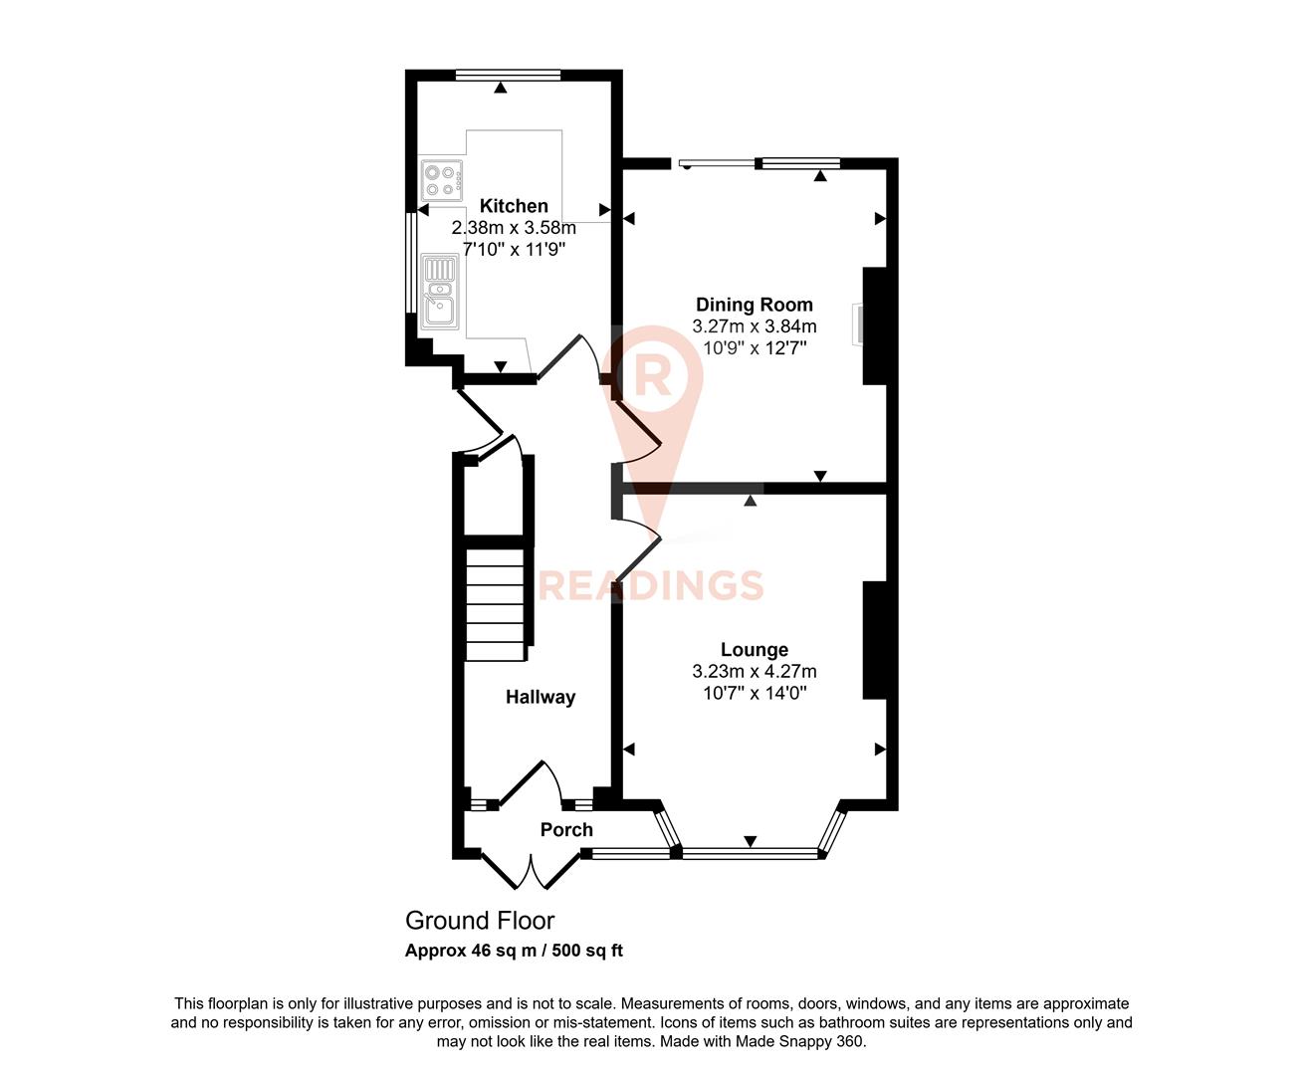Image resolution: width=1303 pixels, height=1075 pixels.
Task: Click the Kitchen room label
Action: click(514, 206)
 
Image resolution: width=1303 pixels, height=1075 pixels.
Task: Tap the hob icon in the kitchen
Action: click(441, 180)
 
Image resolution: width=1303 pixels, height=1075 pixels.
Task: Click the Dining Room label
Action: click(754, 305)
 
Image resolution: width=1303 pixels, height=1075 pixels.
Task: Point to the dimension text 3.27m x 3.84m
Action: click(754, 326)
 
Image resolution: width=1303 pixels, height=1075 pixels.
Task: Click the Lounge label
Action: click(754, 650)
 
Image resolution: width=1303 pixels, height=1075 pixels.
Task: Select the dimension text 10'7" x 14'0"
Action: click(754, 693)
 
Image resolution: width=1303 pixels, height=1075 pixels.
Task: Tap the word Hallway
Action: click(540, 697)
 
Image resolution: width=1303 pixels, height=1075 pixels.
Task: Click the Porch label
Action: click(566, 829)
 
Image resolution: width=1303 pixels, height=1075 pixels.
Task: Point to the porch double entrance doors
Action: click(530, 870)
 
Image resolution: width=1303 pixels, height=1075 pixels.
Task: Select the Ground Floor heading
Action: click(479, 921)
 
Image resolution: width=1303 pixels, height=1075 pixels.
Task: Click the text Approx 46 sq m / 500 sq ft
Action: click(514, 951)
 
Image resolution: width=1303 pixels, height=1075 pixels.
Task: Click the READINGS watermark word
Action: click(651, 585)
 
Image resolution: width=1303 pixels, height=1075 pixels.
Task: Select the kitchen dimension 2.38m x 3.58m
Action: click(514, 228)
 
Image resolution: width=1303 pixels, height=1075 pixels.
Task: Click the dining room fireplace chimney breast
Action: click(873, 325)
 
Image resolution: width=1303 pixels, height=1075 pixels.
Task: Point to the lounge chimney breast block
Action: click(873, 640)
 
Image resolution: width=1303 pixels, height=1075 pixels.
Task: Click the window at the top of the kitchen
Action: click(508, 75)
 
